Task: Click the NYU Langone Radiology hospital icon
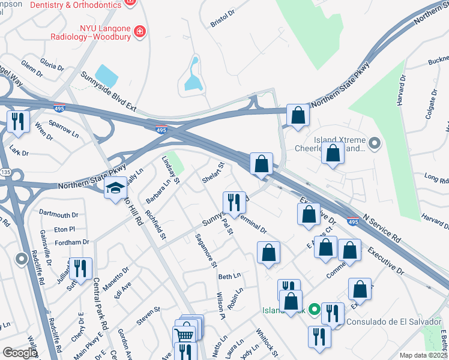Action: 139,31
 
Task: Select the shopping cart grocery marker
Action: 184,334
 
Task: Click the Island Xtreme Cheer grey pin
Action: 375,143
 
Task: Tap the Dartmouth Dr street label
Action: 59,214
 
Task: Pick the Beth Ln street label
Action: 229,276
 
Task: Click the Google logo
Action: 20,353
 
